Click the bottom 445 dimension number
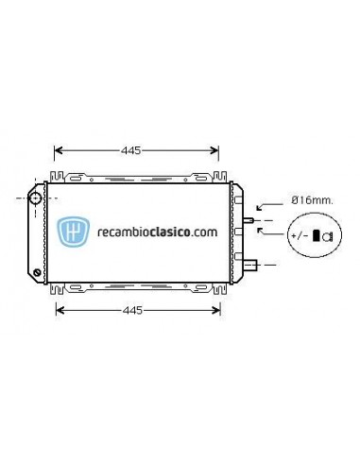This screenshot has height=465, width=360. [x=137, y=310]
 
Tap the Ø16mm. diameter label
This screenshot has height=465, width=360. [x=308, y=200]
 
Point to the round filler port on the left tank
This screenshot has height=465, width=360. [x=36, y=198]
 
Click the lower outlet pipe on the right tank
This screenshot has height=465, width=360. [x=252, y=265]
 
